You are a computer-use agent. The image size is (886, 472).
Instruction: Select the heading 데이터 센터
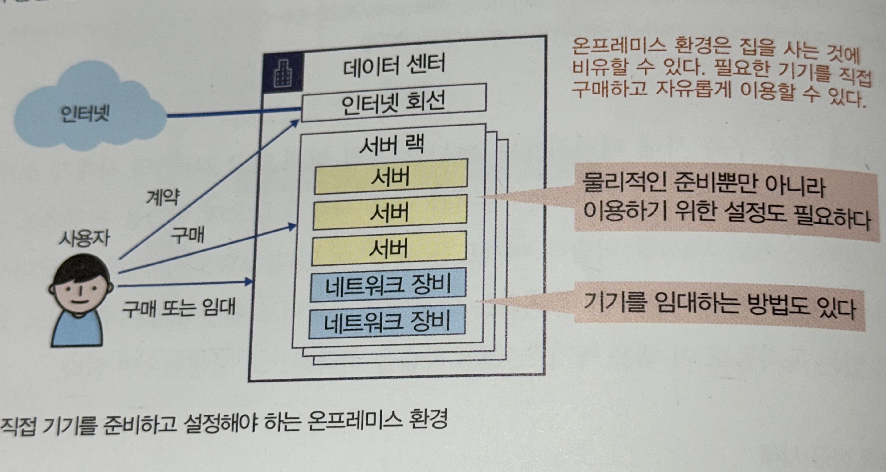pos(394,65)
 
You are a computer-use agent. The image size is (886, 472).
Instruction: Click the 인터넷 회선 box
pos(394,102)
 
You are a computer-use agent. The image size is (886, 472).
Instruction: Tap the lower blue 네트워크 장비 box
pos(387,322)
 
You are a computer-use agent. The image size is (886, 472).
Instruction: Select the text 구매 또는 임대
pos(179,307)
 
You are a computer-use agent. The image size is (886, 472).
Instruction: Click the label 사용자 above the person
pos(85,238)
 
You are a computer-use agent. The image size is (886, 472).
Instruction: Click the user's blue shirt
pos(78,330)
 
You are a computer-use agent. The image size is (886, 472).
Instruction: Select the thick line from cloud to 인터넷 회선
pos(234,113)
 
